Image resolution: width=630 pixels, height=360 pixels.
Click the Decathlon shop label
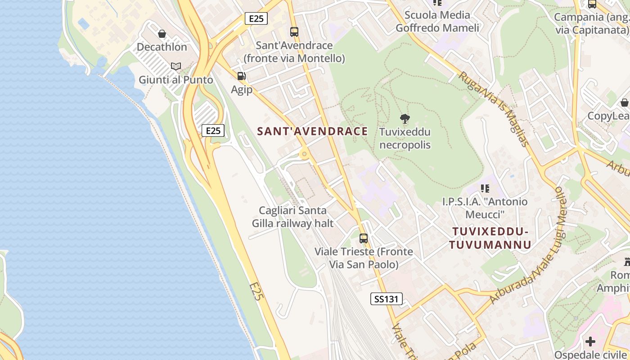click(162, 47)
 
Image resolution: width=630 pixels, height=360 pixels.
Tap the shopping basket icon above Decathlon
click(162, 34)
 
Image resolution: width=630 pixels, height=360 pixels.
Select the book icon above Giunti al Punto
click(175, 67)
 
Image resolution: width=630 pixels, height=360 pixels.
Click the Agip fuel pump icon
click(242, 76)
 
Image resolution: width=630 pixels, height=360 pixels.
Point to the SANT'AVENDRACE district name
click(312, 131)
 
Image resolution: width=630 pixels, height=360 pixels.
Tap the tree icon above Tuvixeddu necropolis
click(405, 119)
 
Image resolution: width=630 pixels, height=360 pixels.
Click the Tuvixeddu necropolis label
click(405, 139)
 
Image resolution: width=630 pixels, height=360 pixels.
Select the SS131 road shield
click(386, 299)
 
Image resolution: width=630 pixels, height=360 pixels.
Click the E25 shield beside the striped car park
click(213, 130)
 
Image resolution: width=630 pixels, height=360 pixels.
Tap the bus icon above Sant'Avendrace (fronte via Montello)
click(294, 32)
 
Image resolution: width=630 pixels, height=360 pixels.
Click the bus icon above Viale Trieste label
click(363, 238)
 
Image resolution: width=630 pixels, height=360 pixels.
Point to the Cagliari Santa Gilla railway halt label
click(292, 217)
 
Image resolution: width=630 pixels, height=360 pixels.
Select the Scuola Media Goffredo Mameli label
click(437, 22)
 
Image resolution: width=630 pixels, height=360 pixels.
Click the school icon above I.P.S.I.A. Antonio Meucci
click(485, 188)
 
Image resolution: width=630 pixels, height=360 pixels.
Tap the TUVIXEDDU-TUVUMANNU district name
click(490, 238)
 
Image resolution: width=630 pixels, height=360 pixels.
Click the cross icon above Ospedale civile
click(590, 342)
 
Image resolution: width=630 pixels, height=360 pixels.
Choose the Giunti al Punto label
click(175, 80)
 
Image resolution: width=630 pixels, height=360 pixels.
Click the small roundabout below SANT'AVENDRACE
click(305, 155)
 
